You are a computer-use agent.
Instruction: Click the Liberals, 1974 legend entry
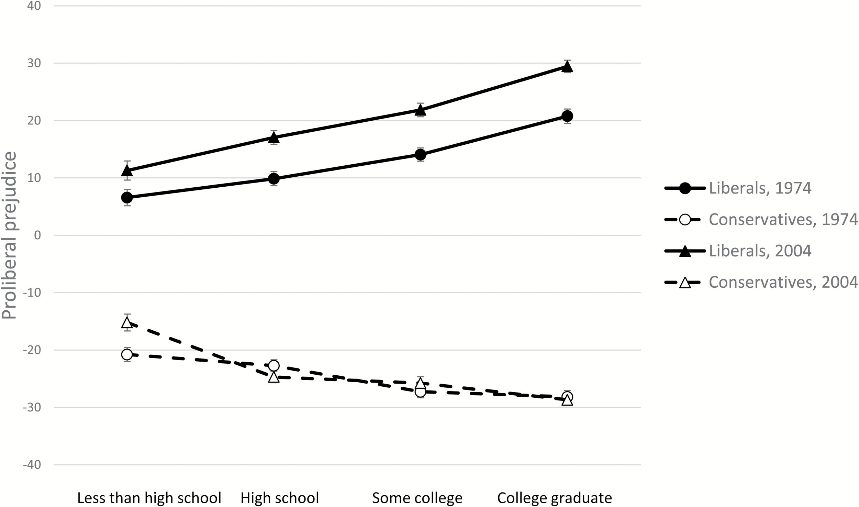pos(738,188)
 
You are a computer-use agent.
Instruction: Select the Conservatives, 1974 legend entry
pos(761,219)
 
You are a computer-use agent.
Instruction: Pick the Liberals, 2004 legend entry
pos(738,251)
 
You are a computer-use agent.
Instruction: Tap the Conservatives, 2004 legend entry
pos(761,282)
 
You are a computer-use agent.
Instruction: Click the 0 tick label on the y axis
pos(37,235)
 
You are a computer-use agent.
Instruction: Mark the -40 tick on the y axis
pos(32,465)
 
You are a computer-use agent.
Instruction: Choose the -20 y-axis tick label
pos(32,350)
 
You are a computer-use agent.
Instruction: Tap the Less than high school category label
pos(149,498)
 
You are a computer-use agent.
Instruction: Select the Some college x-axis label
pos(417,498)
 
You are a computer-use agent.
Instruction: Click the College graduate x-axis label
pos(555,498)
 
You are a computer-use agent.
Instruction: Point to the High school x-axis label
pos(280,498)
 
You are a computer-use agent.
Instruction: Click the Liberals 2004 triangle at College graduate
pos(567,67)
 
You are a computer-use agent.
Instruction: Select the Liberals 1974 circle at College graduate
pos(567,116)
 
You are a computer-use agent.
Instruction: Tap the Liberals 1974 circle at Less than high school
pos(127,198)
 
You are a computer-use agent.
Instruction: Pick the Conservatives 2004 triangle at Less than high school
pos(127,323)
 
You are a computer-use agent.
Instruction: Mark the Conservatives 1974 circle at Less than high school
pos(127,354)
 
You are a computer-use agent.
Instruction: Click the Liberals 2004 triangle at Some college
pos(420,110)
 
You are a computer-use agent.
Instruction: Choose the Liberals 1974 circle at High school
pos(274,179)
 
